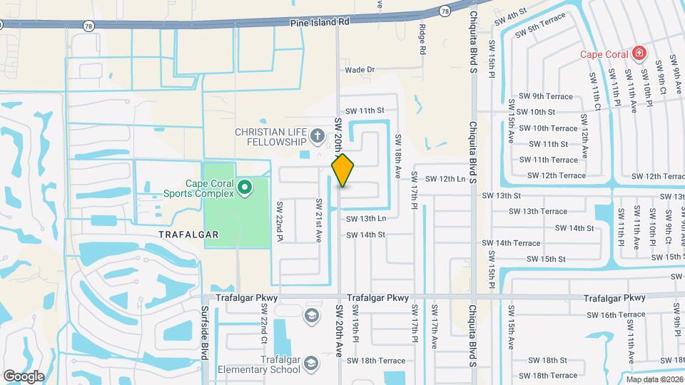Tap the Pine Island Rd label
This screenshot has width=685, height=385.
(x=320, y=22)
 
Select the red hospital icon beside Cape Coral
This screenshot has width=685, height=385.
(x=639, y=53)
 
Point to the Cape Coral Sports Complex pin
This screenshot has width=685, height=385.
(x=245, y=188)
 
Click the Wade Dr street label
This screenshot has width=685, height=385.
(x=360, y=70)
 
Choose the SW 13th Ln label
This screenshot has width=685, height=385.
(x=365, y=218)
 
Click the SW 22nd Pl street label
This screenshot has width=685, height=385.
(x=280, y=222)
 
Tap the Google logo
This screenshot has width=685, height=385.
(x=24, y=376)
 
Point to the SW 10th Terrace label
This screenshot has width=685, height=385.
(x=547, y=128)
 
